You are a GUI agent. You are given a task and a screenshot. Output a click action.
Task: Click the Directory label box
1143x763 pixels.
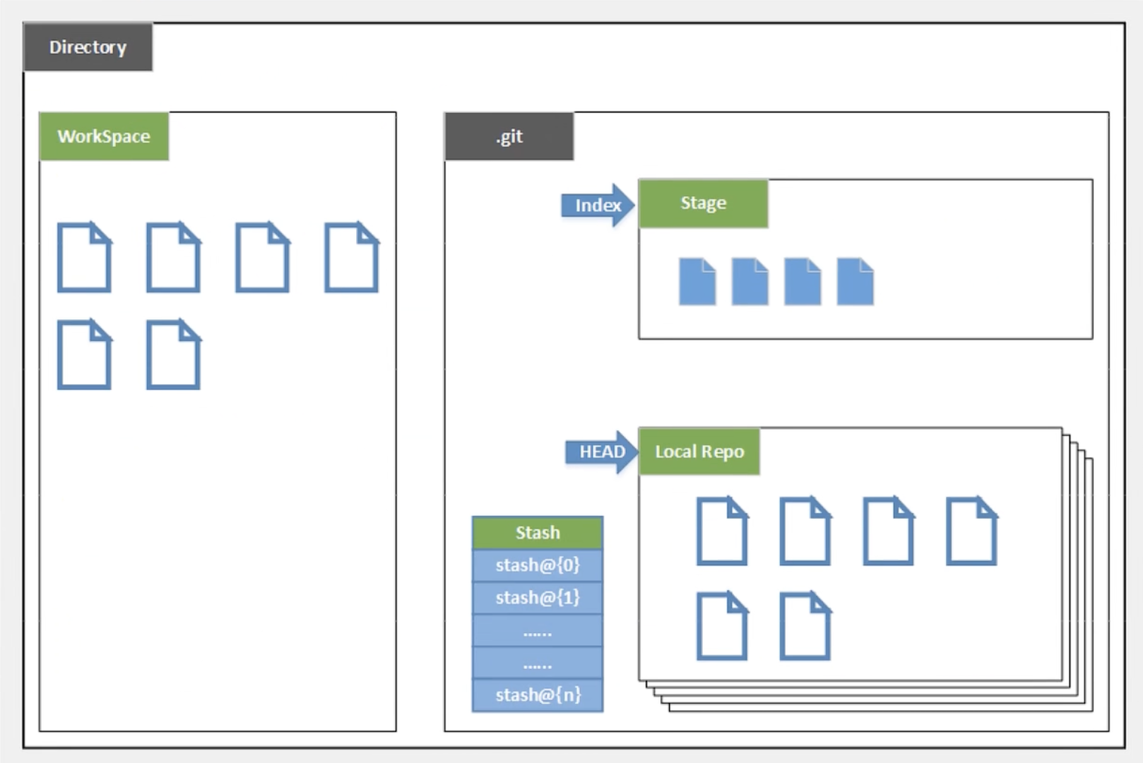tap(88, 47)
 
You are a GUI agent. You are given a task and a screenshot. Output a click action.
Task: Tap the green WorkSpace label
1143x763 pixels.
tap(104, 136)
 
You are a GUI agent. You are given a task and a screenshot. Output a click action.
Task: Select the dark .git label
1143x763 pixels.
tap(509, 136)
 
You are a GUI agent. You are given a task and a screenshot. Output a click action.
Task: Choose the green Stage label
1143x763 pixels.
tap(703, 203)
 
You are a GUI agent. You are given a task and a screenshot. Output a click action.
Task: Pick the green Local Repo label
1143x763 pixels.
tap(699, 451)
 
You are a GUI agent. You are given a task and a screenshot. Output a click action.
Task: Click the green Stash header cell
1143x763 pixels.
tap(538, 533)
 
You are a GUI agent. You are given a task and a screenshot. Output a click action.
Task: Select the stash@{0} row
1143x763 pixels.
tap(538, 565)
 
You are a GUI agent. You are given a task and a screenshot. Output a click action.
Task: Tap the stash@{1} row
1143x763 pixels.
tap(538, 598)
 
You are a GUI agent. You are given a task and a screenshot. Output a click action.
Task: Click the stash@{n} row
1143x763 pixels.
tap(538, 695)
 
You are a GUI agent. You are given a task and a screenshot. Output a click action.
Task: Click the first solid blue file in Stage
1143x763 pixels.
tap(697, 281)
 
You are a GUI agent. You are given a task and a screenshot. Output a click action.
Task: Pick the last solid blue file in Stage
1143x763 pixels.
tap(855, 281)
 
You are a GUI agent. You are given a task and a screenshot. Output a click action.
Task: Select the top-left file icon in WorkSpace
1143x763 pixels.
tap(84, 257)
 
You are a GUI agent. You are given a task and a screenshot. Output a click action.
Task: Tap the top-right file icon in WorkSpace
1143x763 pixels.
tap(351, 257)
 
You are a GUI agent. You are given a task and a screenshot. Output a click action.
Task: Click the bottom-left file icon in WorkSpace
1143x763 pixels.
tap(84, 355)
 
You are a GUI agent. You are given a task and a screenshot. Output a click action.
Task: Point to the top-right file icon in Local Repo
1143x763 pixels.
tap(971, 531)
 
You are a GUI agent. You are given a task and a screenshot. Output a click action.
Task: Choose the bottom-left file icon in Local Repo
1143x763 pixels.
tap(721, 626)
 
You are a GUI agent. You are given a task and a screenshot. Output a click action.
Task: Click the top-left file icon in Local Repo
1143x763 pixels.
tap(721, 531)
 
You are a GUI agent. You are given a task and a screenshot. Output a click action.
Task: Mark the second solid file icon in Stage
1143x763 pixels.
tap(750, 281)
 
